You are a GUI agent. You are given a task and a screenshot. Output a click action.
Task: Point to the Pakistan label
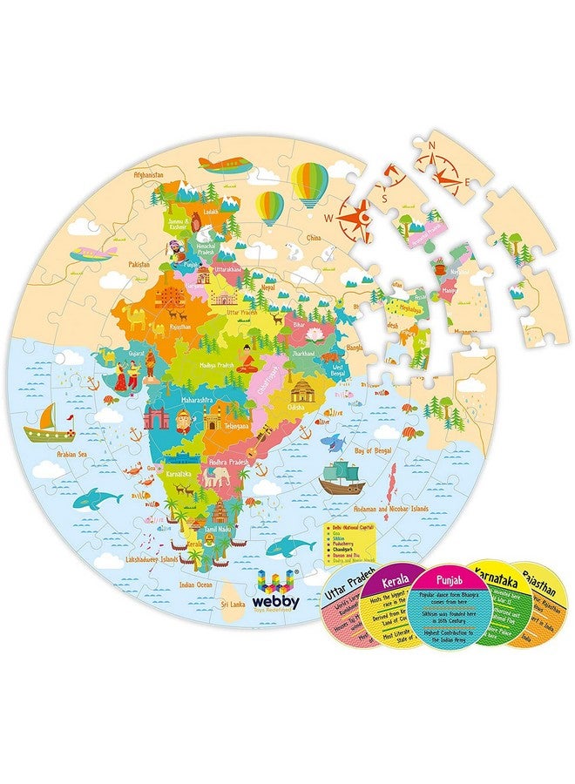pyautogui.click(x=137, y=262)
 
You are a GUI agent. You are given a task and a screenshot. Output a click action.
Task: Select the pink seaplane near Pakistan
pyautogui.click(x=94, y=253)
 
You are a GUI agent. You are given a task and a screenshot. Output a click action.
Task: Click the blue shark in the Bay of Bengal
pyautogui.click(x=331, y=443)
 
